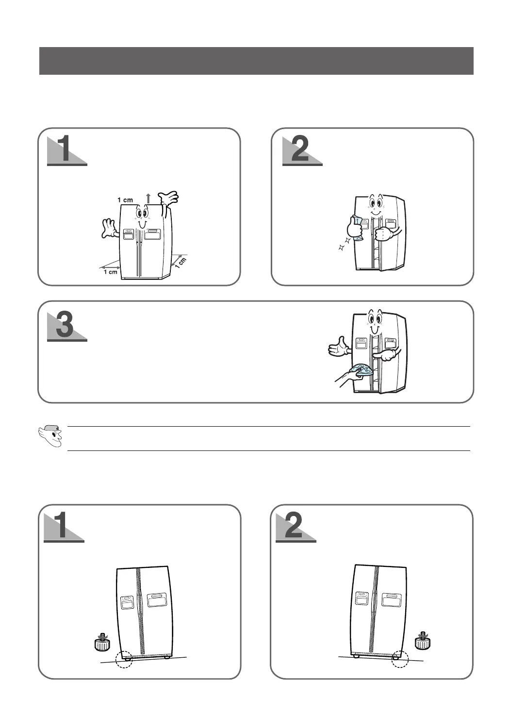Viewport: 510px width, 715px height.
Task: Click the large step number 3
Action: click(65, 325)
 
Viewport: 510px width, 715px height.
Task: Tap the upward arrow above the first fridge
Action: click(148, 198)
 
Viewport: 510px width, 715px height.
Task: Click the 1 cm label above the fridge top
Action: click(125, 200)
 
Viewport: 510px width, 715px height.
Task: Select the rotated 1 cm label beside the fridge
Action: click(181, 263)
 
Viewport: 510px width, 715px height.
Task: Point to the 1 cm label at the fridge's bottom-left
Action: click(111, 272)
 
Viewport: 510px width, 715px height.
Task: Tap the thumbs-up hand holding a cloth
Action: click(355, 228)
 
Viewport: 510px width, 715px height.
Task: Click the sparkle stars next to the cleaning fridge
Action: click(345, 244)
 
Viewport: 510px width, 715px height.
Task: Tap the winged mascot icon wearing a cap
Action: click(50, 436)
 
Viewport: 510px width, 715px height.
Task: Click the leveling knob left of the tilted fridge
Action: click(102, 642)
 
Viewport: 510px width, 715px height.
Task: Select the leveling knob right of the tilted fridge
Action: click(423, 640)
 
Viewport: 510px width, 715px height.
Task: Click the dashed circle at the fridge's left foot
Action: click(124, 660)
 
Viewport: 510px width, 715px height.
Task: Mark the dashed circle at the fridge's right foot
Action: click(400, 659)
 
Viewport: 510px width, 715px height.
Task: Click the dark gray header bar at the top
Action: click(256, 61)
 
